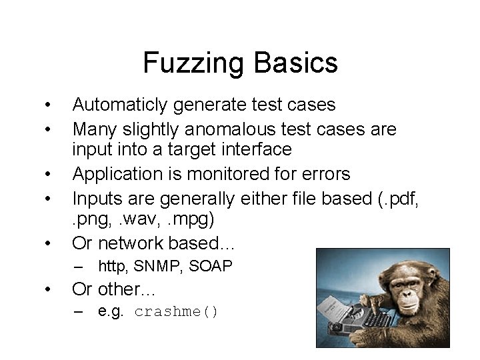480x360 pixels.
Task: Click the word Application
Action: coord(117,175)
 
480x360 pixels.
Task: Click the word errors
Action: coord(325,174)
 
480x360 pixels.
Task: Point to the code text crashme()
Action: coord(177,312)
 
